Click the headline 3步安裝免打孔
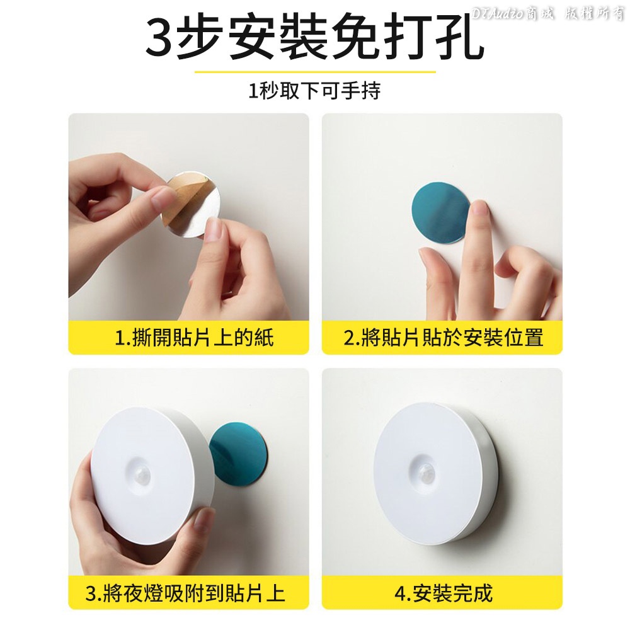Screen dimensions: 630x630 click(x=314, y=39)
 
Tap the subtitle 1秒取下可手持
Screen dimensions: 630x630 click(x=314, y=90)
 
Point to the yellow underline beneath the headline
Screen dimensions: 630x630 click(x=315, y=72)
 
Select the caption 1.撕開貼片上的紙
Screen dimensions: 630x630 click(x=194, y=337)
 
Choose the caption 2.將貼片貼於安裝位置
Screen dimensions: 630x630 click(x=444, y=337)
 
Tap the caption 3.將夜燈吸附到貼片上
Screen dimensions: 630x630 click(x=185, y=593)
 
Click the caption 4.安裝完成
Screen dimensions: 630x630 click(x=444, y=593)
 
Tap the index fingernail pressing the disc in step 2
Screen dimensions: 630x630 click(x=479, y=209)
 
